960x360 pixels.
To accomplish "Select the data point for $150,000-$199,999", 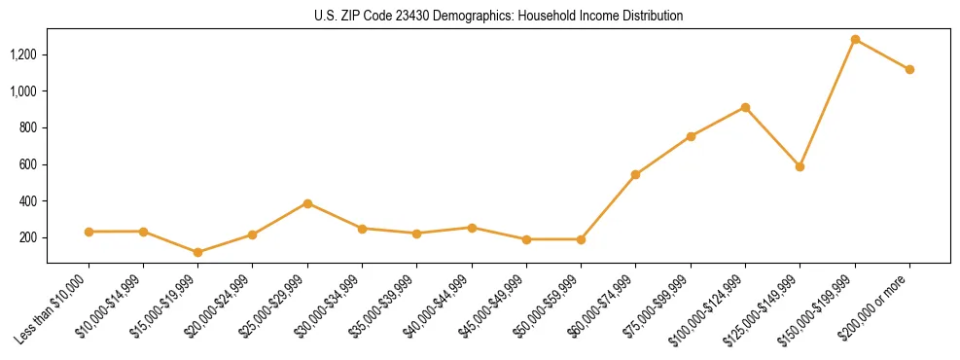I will click(855, 39).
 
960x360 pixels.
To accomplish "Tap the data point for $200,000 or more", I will click(909, 69).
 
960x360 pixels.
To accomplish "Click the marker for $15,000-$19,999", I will click(198, 252).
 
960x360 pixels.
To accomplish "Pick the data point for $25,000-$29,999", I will click(307, 203).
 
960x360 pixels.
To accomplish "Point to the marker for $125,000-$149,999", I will click(800, 166).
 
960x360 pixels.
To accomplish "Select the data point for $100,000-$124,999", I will click(745, 107).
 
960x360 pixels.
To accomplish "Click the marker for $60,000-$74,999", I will click(635, 174).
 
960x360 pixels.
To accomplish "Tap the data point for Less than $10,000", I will click(89, 232).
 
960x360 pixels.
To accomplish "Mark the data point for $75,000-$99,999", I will click(691, 136).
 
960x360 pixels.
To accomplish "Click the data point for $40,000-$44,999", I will click(472, 228).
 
